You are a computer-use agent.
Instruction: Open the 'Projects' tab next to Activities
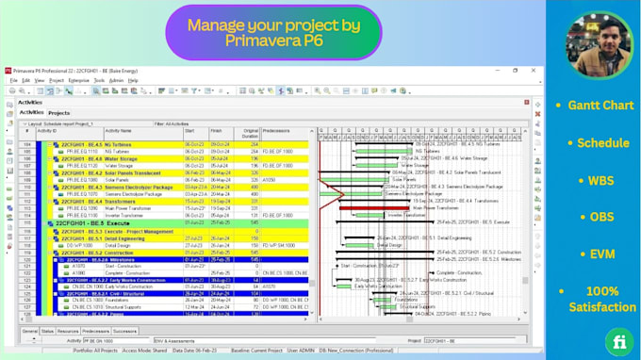tap(58, 113)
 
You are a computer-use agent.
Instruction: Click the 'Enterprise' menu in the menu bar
tap(79, 80)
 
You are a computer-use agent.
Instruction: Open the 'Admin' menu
tap(116, 80)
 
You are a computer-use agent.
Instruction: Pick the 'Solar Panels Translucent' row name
tap(123, 173)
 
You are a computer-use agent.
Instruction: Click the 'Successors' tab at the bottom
tap(126, 331)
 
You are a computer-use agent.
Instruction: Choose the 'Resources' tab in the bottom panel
tap(66, 331)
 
